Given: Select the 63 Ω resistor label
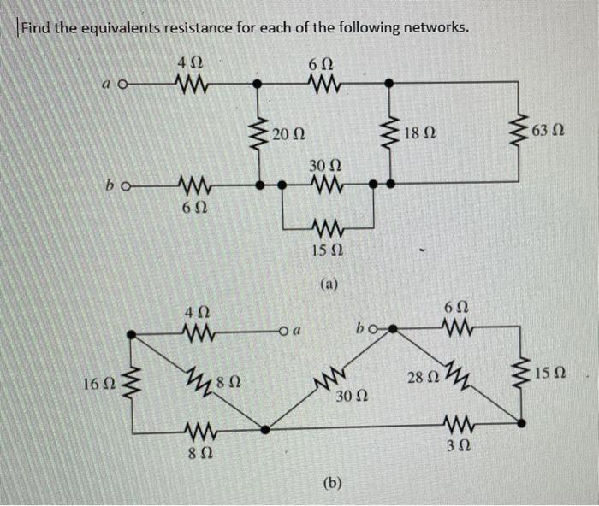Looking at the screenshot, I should point(549,132).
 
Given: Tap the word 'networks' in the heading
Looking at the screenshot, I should point(436,27).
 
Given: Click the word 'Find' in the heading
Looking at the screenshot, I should point(37,27).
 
